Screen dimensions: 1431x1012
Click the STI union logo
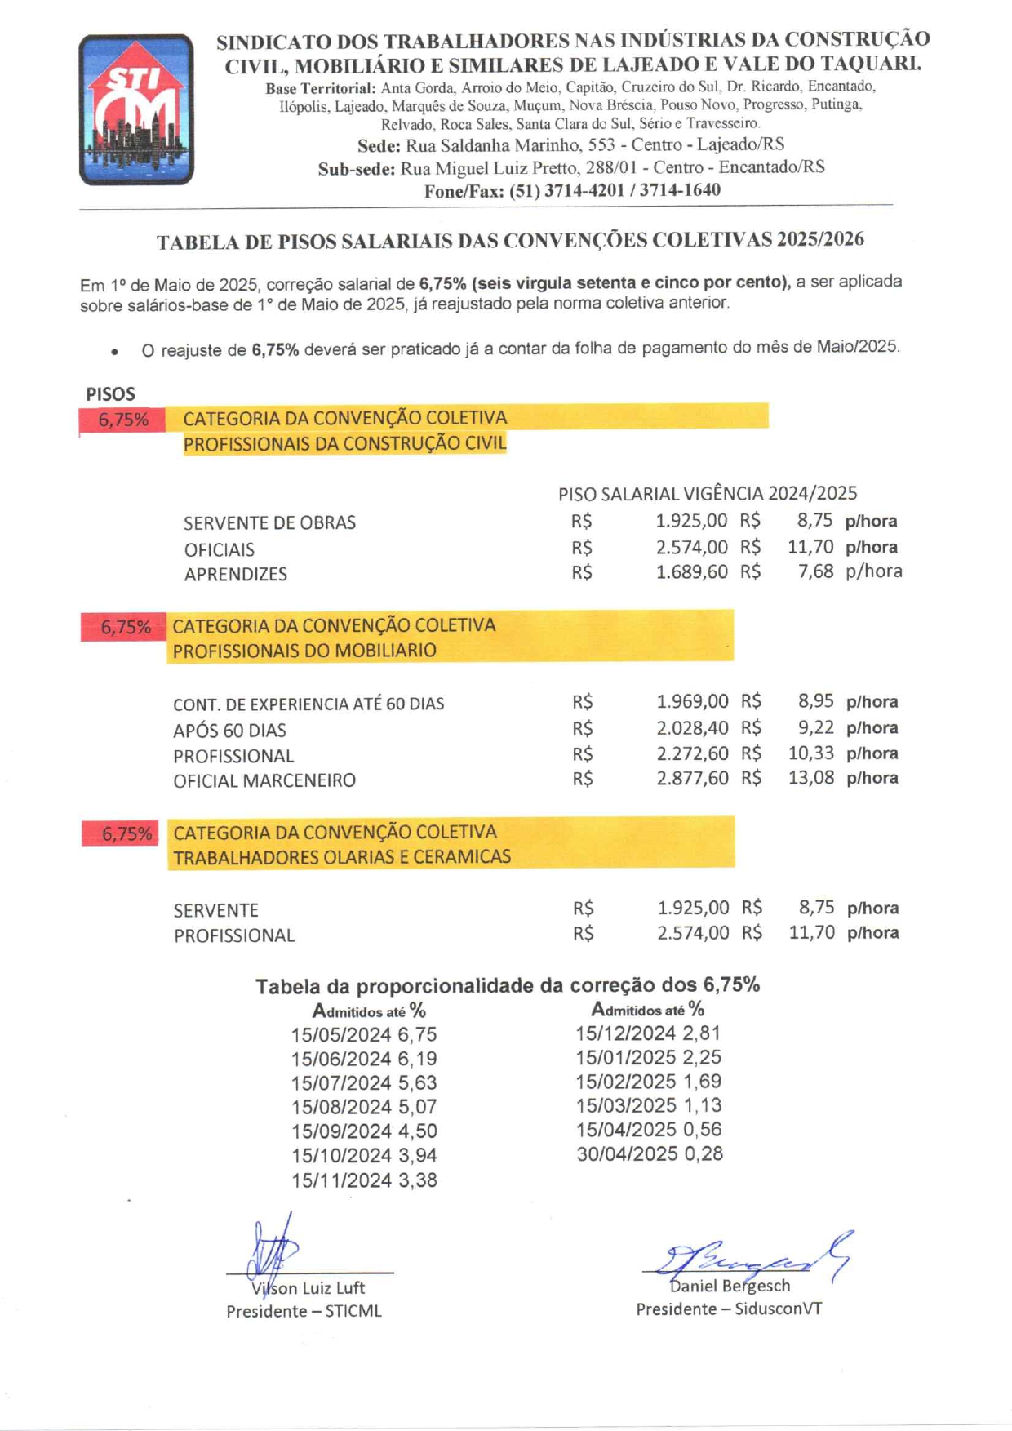136,109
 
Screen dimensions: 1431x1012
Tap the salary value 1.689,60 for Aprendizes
691,572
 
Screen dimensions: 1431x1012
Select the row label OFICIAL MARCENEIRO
264,781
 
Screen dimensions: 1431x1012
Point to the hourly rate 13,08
810,778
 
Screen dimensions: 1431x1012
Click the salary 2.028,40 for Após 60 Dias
692,728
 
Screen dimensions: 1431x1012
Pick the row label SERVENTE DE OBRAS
269,522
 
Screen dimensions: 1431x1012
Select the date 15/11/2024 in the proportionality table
341,1180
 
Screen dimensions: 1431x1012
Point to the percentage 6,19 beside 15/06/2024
417,1060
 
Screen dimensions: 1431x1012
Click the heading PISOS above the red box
110,393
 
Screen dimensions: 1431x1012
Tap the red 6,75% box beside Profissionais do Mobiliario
125,628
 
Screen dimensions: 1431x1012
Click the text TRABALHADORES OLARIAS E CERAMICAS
342,857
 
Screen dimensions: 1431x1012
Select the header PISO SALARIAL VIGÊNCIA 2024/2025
708,494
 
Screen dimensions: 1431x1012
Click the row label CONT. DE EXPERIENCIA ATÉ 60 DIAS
308,704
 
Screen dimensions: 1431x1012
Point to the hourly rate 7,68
815,571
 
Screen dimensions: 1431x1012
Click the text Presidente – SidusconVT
729,1309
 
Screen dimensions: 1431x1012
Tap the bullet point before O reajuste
115,352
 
